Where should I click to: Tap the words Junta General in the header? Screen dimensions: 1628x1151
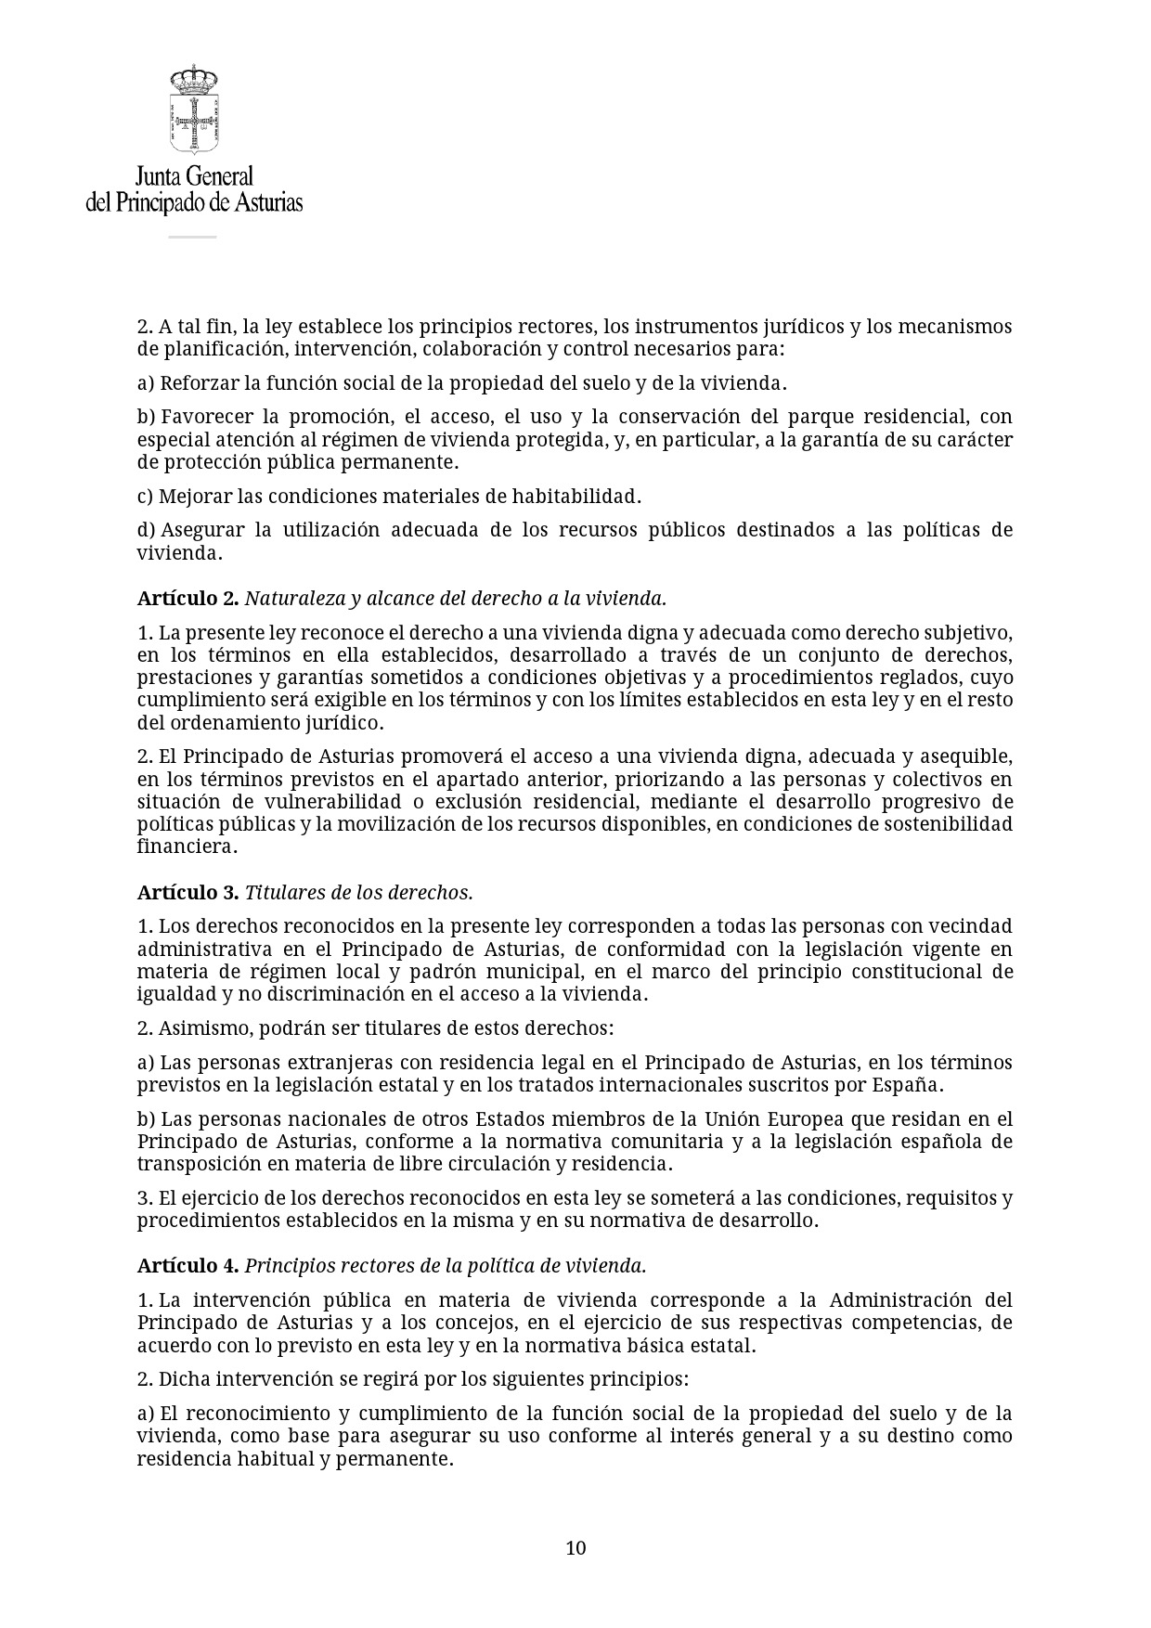point(194,175)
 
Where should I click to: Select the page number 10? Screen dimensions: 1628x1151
point(575,1547)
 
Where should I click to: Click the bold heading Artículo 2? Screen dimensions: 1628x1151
point(188,599)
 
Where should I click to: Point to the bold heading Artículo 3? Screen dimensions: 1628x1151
point(188,892)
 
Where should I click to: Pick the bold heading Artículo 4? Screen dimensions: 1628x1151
point(188,1265)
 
